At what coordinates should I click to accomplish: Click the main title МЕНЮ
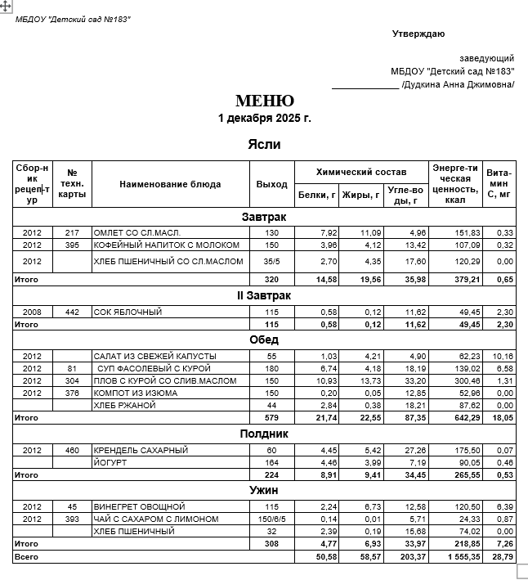click(265, 101)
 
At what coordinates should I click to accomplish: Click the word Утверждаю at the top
click(418, 34)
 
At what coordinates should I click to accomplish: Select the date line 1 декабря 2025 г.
click(265, 119)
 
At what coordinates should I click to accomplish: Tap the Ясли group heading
click(264, 144)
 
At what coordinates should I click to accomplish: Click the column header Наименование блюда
click(170, 184)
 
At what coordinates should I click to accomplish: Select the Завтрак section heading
click(264, 217)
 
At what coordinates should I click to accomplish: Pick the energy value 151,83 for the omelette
click(456, 232)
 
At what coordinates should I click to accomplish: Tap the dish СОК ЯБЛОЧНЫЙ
click(128, 312)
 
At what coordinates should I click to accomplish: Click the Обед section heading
click(264, 339)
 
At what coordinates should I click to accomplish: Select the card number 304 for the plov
click(72, 380)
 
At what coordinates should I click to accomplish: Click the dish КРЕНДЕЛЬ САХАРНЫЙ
click(141, 450)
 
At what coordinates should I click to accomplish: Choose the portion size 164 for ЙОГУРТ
click(271, 462)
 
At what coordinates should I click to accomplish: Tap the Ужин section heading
click(264, 490)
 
